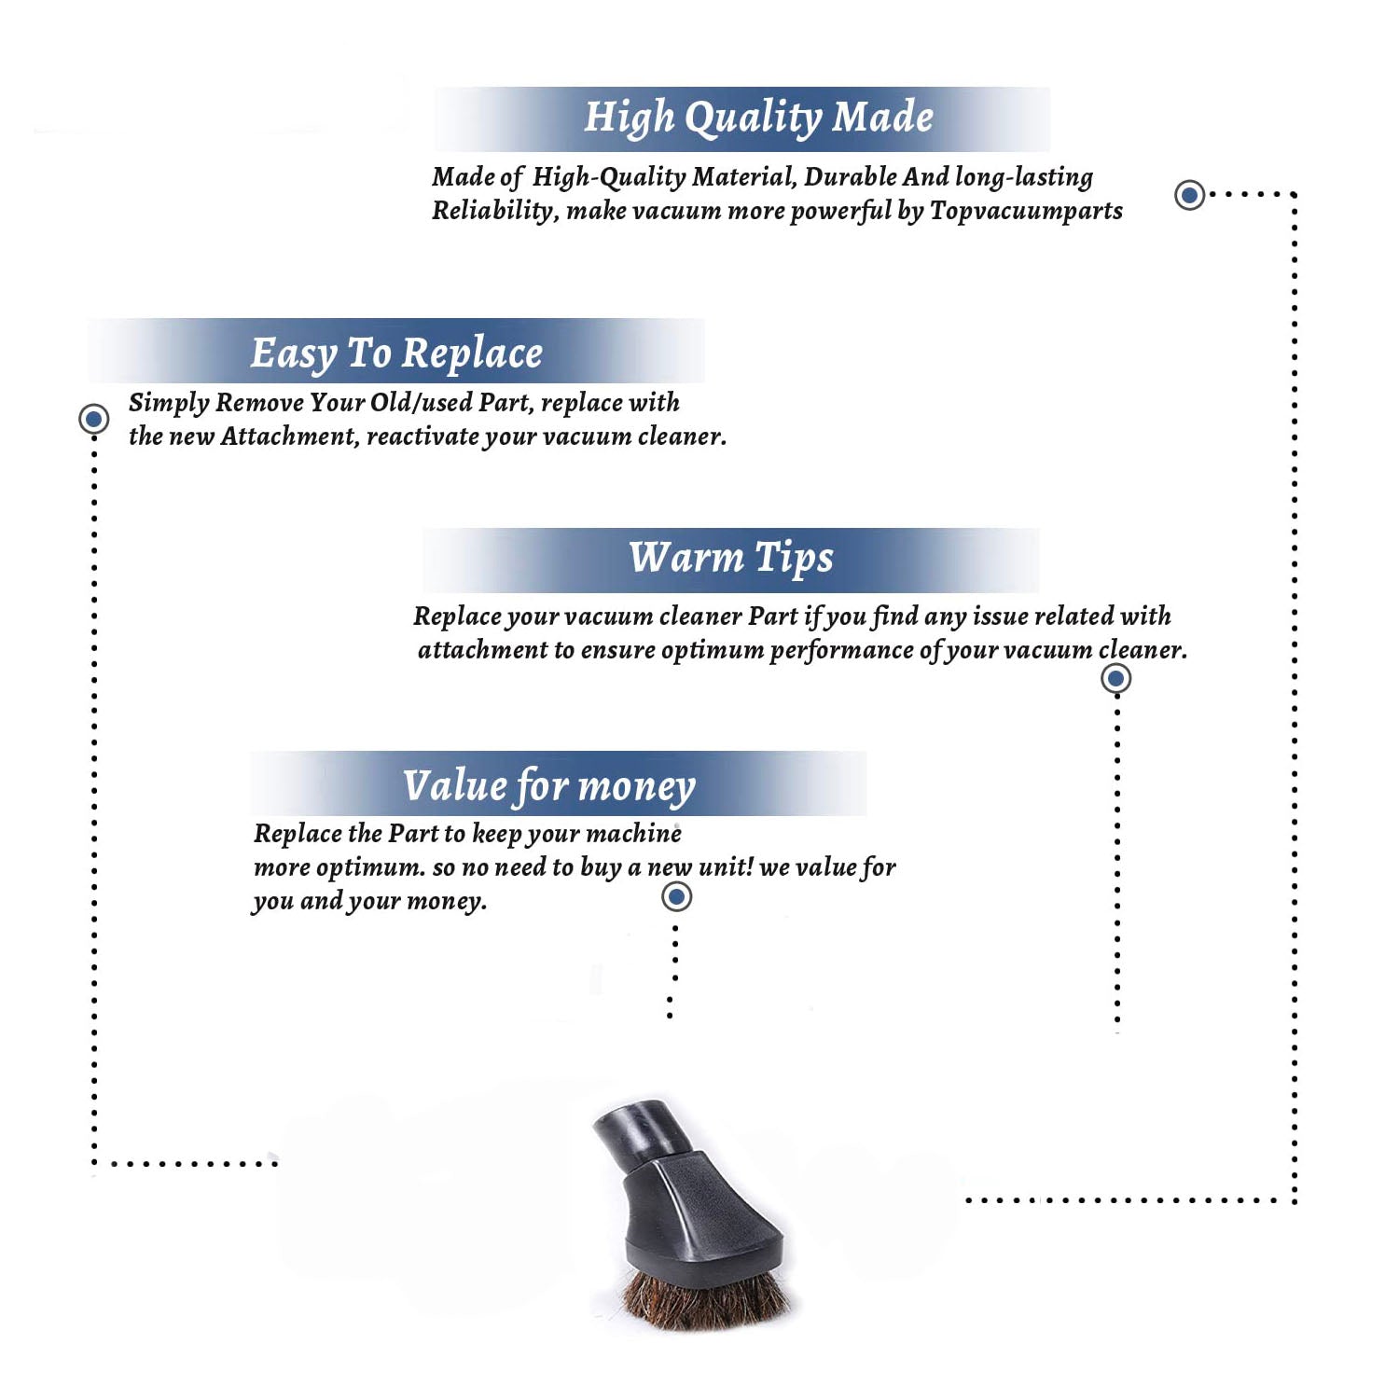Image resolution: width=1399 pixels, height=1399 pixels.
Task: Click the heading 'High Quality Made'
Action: coord(758,118)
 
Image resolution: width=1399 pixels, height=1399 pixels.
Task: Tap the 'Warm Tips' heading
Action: coord(731,559)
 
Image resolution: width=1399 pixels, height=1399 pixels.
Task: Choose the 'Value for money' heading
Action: coord(549,785)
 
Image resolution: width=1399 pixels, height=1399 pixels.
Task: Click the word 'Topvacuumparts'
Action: coord(1026,211)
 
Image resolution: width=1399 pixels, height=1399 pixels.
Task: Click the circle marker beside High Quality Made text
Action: coord(1189,195)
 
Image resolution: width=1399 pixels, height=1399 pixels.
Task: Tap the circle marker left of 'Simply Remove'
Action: coord(93,419)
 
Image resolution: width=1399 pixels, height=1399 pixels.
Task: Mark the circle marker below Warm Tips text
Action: coord(1115,678)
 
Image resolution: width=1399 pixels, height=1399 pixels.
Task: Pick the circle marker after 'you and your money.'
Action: coord(676,897)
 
